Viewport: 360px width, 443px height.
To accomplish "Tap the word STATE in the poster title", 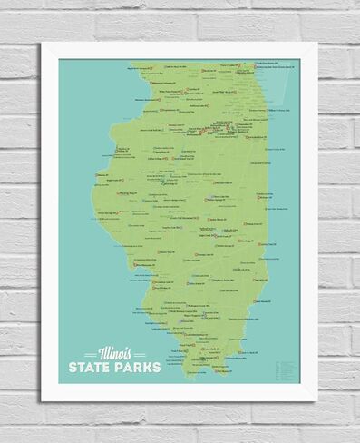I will [x=91, y=367].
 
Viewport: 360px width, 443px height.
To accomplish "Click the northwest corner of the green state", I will [x=131, y=64].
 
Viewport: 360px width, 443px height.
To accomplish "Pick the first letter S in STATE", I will [x=73, y=367].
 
